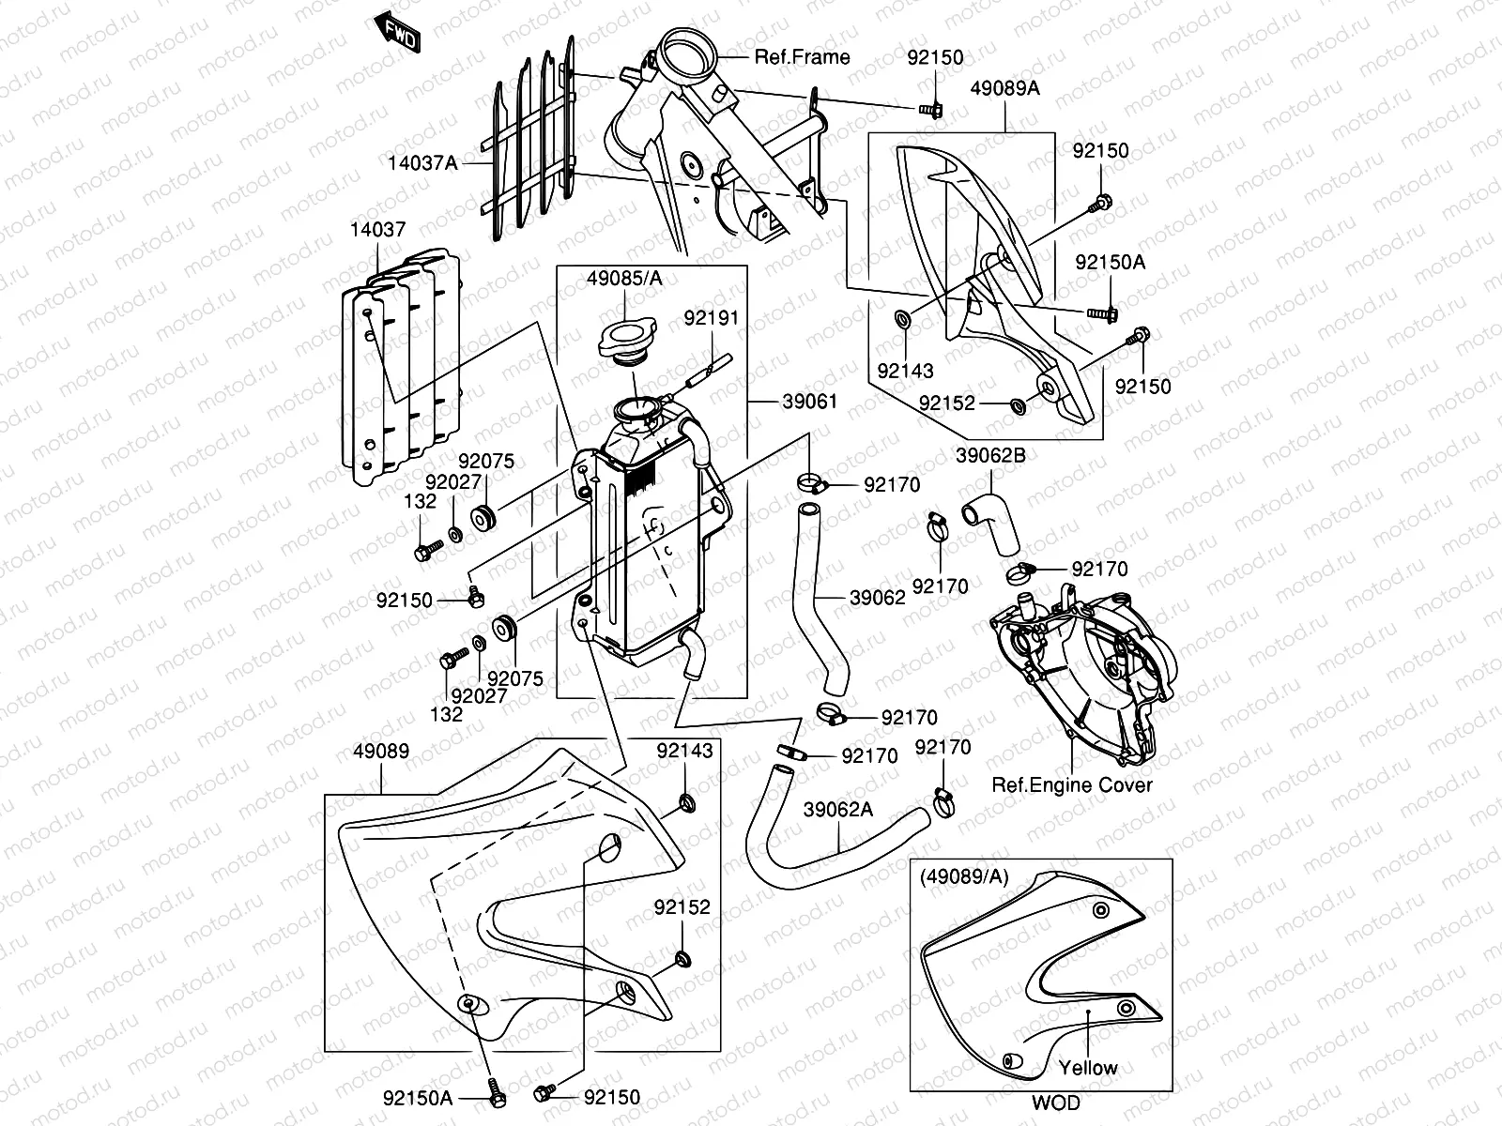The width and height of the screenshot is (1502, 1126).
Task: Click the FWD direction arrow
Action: [399, 32]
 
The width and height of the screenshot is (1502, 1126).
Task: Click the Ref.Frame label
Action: [802, 57]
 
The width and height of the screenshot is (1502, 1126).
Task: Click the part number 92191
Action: [711, 319]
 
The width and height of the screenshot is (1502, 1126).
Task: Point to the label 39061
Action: [809, 402]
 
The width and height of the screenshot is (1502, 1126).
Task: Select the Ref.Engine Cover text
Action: [1071, 784]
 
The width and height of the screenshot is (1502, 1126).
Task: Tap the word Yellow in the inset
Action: [1088, 1068]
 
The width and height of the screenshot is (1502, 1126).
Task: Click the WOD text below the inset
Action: [1056, 1103]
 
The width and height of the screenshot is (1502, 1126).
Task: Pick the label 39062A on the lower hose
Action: [838, 810]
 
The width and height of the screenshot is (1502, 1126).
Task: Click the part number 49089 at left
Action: [380, 753]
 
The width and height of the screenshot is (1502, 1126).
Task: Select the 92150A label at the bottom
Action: [418, 1097]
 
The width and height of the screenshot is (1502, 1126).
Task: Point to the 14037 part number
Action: [377, 229]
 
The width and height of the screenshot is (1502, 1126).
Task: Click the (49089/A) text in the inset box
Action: [965, 876]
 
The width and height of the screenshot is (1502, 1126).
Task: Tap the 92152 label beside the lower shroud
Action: [682, 907]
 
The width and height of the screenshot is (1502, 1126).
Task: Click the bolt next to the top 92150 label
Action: [932, 110]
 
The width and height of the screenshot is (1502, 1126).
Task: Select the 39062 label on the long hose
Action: [878, 597]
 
